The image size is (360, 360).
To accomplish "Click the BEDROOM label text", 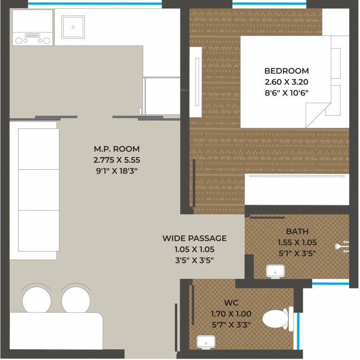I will [286, 71].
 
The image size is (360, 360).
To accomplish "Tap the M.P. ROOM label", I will [117, 149].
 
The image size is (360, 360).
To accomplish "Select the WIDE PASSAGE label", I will [194, 238].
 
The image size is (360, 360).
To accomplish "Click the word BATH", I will [297, 231].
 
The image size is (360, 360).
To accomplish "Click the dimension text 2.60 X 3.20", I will [286, 82].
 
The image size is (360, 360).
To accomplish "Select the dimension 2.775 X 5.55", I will [117, 160].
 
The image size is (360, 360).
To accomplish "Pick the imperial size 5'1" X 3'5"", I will [297, 254].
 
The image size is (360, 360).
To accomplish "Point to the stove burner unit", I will [32, 37].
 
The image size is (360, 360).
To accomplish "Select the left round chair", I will [37, 299].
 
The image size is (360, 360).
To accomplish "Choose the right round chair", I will [75, 299].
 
